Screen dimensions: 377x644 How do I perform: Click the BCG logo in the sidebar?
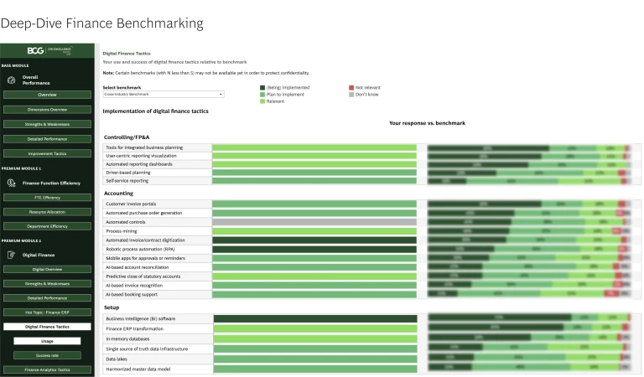point(35,50)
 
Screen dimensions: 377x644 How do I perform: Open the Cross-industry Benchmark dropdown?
point(163,95)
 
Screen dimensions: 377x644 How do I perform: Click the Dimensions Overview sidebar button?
point(47,110)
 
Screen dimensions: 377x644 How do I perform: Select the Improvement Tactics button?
point(47,153)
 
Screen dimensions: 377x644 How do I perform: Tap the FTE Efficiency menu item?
point(47,198)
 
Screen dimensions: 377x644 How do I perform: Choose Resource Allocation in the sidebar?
point(47,212)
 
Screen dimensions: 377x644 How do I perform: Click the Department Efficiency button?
point(47,226)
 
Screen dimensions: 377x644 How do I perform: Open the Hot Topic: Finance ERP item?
point(47,312)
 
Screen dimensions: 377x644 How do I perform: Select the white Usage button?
point(47,341)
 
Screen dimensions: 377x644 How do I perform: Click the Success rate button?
point(47,355)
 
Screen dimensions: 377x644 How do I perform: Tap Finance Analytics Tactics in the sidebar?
point(47,369)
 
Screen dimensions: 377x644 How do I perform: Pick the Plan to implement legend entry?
point(286,95)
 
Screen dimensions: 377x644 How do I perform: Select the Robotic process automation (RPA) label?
point(138,250)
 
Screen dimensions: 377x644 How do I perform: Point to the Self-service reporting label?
point(127,181)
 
